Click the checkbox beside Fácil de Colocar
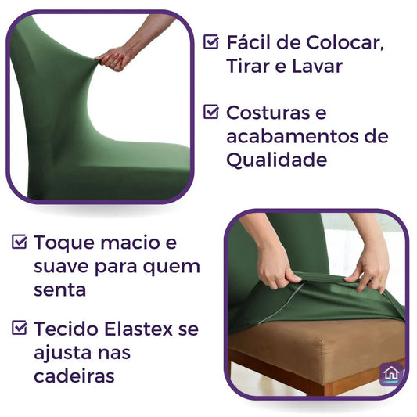(211, 41)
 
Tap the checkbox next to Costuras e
(211, 111)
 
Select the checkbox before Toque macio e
(19, 242)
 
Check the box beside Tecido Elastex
(19, 327)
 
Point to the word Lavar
(318, 67)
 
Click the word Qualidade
(277, 160)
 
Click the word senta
(59, 289)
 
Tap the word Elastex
(138, 329)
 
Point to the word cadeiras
(74, 376)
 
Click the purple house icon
(391, 374)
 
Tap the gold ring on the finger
(382, 282)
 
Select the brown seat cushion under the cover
(317, 345)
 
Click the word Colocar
(345, 42)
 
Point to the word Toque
(64, 243)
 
